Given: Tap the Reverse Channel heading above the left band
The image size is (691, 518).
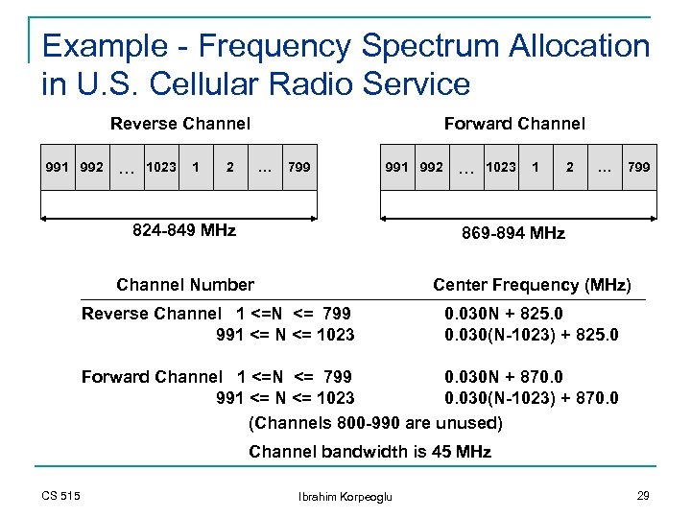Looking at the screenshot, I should tap(180, 123).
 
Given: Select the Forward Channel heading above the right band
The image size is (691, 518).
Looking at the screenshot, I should tap(514, 123).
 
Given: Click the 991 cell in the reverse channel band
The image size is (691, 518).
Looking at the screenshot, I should tap(59, 167).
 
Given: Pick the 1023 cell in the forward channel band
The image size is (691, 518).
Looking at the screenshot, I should tap(500, 167).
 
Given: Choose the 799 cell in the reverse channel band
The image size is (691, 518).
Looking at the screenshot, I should tap(299, 167).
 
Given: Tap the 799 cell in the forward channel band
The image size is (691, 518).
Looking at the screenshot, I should tap(638, 167).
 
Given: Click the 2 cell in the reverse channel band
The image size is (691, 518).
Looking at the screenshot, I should tap(229, 167).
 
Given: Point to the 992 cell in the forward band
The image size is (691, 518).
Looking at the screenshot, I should tap(431, 167).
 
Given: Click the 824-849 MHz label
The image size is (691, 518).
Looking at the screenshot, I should tap(183, 230).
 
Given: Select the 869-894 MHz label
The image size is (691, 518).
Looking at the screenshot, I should tap(513, 233).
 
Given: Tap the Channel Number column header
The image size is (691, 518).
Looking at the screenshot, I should tap(185, 284).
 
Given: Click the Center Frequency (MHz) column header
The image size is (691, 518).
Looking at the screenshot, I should tap(532, 284).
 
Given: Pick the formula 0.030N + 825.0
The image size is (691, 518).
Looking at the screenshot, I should tap(504, 314).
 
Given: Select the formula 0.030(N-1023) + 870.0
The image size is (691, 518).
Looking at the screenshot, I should tap(532, 398).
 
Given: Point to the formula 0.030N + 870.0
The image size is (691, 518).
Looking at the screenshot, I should tap(504, 377).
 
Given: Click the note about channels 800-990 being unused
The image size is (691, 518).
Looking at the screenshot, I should tap(375, 422).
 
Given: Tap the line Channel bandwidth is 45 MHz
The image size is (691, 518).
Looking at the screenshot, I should tap(369, 452).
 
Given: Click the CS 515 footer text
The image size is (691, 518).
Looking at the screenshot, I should tap(61, 495).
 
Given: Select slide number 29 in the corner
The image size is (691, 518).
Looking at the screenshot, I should tap(642, 495).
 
